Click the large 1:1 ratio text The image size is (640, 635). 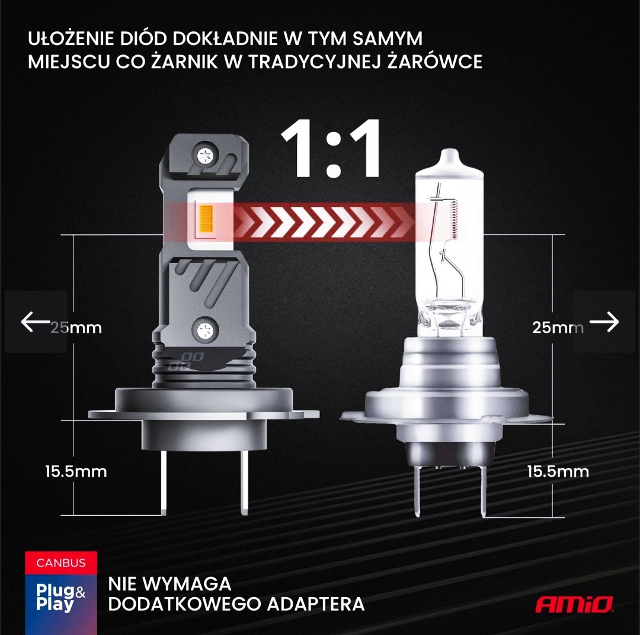pos(331,150)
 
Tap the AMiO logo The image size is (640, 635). pos(574,604)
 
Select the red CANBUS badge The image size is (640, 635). pos(61,562)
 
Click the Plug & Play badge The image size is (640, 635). pos(61,598)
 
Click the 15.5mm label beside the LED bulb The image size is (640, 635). pos(76,472)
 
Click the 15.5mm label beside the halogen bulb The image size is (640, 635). pos(558,472)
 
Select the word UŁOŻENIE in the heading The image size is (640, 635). pos(70,39)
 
